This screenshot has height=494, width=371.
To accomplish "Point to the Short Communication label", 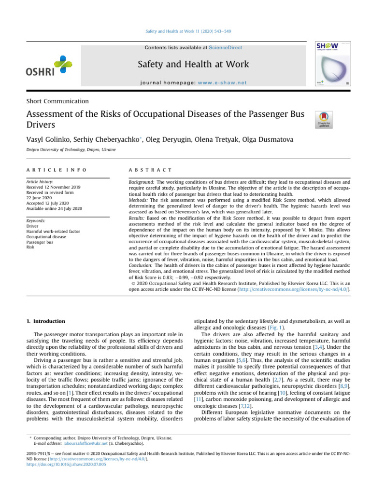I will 57,101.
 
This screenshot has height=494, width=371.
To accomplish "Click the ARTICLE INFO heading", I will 56,170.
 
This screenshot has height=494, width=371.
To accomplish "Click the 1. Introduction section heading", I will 45,321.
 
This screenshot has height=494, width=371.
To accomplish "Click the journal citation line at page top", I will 185,31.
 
